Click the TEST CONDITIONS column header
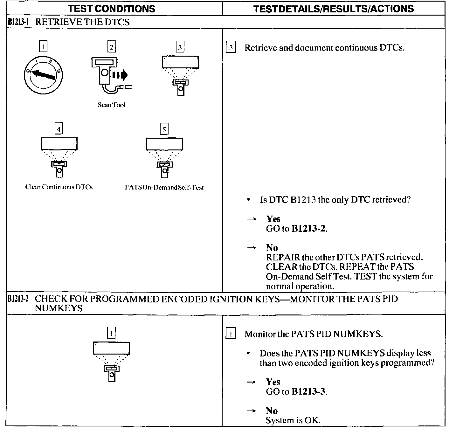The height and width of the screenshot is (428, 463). point(112,9)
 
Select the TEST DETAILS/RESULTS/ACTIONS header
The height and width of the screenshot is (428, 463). point(334,9)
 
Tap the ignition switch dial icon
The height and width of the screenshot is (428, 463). point(43,76)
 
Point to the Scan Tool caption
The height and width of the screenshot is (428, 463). point(111,105)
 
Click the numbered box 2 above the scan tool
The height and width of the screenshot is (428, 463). point(111,47)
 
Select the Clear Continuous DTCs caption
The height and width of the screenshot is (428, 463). point(59,187)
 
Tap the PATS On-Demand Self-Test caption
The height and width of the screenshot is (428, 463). point(164,187)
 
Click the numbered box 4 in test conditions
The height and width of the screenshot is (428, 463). point(59,129)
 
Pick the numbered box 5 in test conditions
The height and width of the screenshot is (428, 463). point(164,129)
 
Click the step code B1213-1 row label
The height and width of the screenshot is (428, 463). point(18,22)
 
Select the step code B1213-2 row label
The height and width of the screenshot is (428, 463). point(18,299)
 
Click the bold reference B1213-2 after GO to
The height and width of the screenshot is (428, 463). point(308,229)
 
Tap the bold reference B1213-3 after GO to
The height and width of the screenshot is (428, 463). point(308,391)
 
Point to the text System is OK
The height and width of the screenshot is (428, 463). point(293,420)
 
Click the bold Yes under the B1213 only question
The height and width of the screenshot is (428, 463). point(273,219)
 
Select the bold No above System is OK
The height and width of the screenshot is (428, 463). point(272,411)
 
